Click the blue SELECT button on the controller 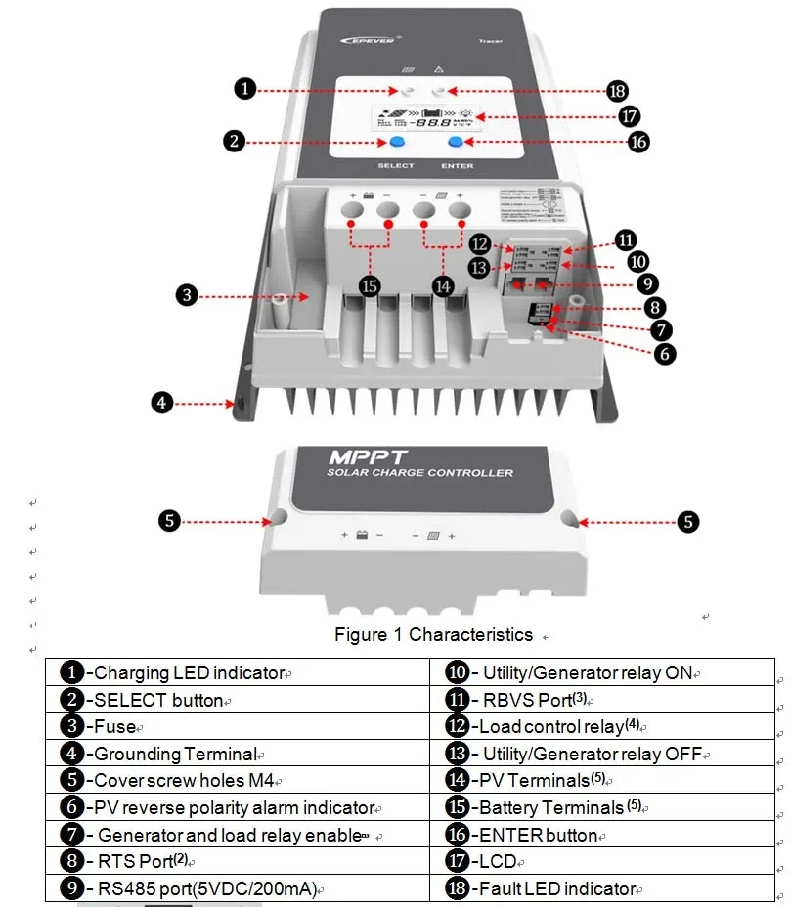395,143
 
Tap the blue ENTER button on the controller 457,143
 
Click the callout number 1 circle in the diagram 244,89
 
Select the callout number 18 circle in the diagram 616,91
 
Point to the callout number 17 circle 630,116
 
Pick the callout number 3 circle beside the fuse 186,294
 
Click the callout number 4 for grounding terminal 162,402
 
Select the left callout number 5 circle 170,520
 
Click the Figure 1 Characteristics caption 433,635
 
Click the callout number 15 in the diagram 370,285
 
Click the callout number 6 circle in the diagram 664,354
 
